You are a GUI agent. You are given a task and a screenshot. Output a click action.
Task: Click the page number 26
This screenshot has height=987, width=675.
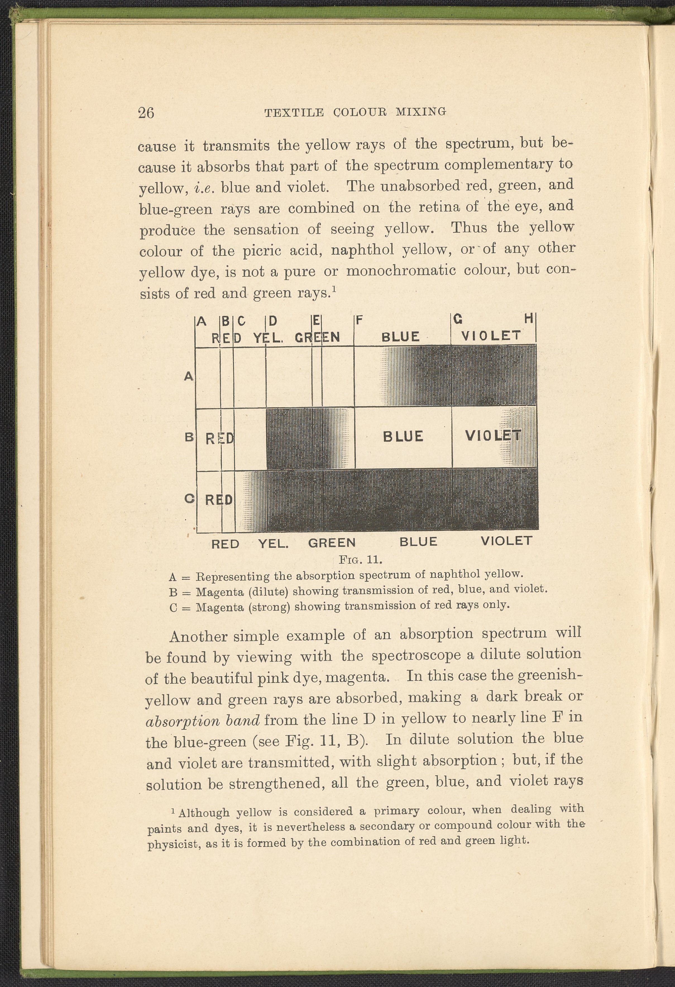tap(146, 112)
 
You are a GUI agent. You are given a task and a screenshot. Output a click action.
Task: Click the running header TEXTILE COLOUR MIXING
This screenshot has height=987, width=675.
tap(355, 112)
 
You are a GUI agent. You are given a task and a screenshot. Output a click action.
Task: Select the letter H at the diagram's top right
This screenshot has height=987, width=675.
tap(528, 318)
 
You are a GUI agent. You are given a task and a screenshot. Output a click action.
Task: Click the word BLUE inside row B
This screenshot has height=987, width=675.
tap(403, 437)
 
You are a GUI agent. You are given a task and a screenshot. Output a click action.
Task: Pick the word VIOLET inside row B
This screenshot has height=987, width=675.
tap(493, 436)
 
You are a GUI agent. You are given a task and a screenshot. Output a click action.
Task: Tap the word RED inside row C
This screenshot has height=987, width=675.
tap(219, 500)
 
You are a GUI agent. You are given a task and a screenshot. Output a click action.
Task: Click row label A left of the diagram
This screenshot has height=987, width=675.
tap(189, 376)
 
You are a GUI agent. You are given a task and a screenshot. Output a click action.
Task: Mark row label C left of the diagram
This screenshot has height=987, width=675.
tap(190, 499)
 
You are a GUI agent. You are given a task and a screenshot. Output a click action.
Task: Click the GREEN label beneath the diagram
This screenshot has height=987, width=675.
tap(332, 543)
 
